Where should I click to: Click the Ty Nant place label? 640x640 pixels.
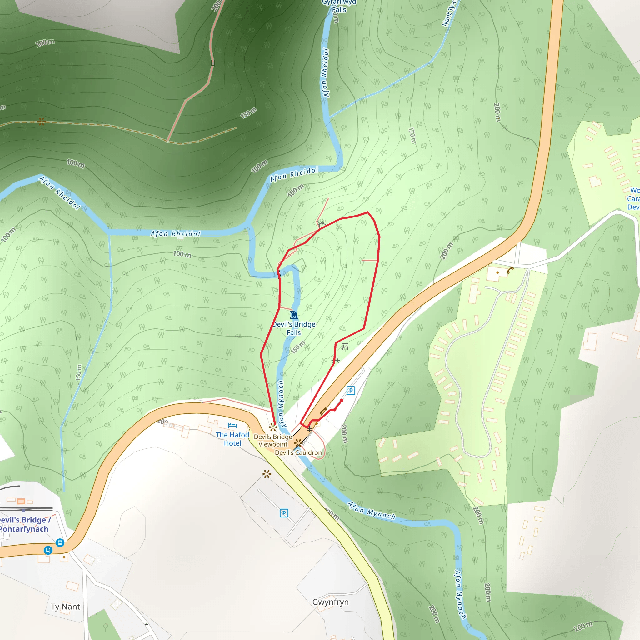65,607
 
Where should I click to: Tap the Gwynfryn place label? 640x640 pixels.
330,602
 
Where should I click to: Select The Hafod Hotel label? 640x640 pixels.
232,439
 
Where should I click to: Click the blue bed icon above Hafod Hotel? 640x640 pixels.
232,425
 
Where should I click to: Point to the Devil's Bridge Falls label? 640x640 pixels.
294,328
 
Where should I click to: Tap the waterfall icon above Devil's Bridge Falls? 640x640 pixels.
293,315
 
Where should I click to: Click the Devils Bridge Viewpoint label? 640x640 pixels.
273,441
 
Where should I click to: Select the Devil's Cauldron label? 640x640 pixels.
298,452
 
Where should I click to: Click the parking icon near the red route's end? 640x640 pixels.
351,391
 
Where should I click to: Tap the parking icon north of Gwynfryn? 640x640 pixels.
284,513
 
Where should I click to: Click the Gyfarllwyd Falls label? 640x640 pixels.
339,6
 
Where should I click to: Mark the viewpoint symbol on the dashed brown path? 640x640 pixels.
42,122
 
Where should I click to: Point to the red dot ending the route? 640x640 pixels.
342,401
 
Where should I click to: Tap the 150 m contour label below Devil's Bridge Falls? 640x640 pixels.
298,347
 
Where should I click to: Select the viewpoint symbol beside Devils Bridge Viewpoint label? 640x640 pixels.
272,427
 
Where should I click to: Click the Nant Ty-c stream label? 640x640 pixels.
449,13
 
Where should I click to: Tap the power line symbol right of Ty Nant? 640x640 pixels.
147,624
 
